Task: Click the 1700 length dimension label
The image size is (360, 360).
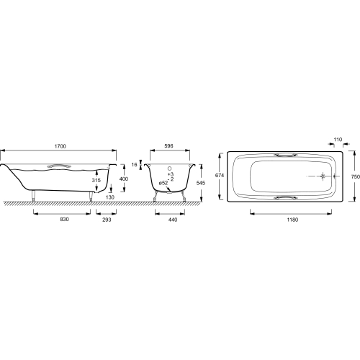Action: pos(60,146)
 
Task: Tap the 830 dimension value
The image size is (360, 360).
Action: pos(65,219)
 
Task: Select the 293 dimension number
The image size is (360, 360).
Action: pos(107,220)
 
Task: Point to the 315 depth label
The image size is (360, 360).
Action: pos(96,180)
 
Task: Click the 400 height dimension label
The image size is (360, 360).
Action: pos(124,179)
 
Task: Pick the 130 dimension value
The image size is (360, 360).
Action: pos(110,197)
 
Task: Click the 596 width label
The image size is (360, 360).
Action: pos(168,146)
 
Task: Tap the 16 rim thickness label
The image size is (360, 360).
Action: pos(135,165)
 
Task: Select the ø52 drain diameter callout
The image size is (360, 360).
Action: pos(163,183)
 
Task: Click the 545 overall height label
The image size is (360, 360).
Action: pos(201,183)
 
